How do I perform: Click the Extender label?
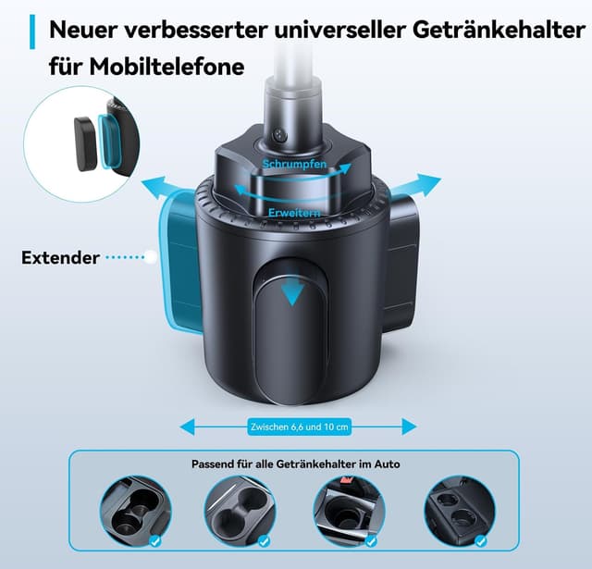60,257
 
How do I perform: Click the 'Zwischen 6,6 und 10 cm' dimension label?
299,427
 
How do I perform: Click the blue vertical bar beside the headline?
34,31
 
